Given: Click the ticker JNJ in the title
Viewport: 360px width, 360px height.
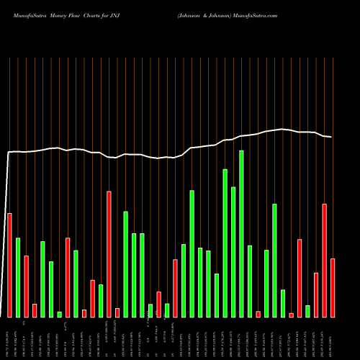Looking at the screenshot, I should coord(117,14).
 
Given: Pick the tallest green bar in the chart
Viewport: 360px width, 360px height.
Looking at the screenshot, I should coord(241,233).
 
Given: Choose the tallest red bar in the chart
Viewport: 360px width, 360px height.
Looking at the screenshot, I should coord(109,253).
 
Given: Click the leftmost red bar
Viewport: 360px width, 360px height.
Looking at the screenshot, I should coord(9,265).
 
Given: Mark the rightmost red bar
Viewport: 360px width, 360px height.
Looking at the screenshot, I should coord(333,287).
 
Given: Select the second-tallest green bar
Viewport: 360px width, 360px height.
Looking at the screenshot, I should coord(225,243).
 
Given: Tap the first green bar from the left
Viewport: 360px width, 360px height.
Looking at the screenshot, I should coord(17,277).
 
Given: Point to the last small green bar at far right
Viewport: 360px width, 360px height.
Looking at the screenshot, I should coord(307,311).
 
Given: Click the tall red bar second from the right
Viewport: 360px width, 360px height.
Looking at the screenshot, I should coord(324,260).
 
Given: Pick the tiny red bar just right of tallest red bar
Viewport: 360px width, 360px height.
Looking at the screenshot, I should coord(117,312).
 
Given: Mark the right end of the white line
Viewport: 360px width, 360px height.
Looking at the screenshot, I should coord(331,137).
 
